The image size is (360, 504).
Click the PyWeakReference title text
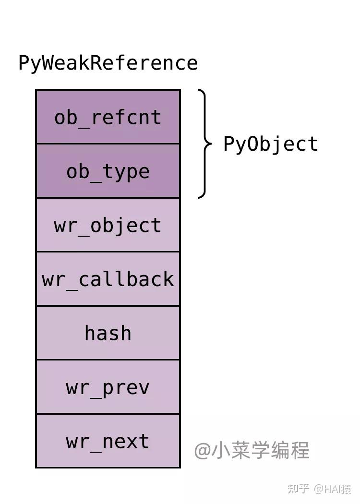108,63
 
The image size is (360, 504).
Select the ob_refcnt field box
108,117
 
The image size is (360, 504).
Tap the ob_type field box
108,171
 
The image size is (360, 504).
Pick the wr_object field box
108,225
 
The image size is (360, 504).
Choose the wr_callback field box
108,279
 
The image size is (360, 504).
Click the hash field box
108,333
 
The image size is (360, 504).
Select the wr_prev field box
108,387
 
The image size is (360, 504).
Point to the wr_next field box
108,441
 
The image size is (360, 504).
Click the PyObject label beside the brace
271,144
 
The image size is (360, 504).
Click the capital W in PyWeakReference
48,63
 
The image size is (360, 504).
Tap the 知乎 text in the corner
298,489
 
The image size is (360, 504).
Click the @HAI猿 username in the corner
333,489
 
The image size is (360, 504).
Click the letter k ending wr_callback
168,279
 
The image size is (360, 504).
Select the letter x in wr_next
132,441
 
